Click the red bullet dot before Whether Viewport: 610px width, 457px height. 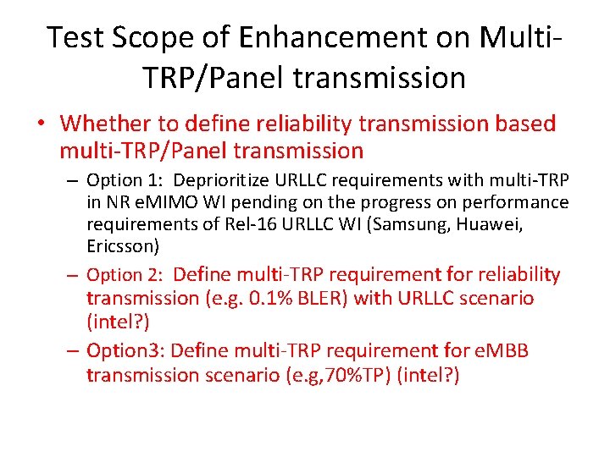(41, 124)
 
